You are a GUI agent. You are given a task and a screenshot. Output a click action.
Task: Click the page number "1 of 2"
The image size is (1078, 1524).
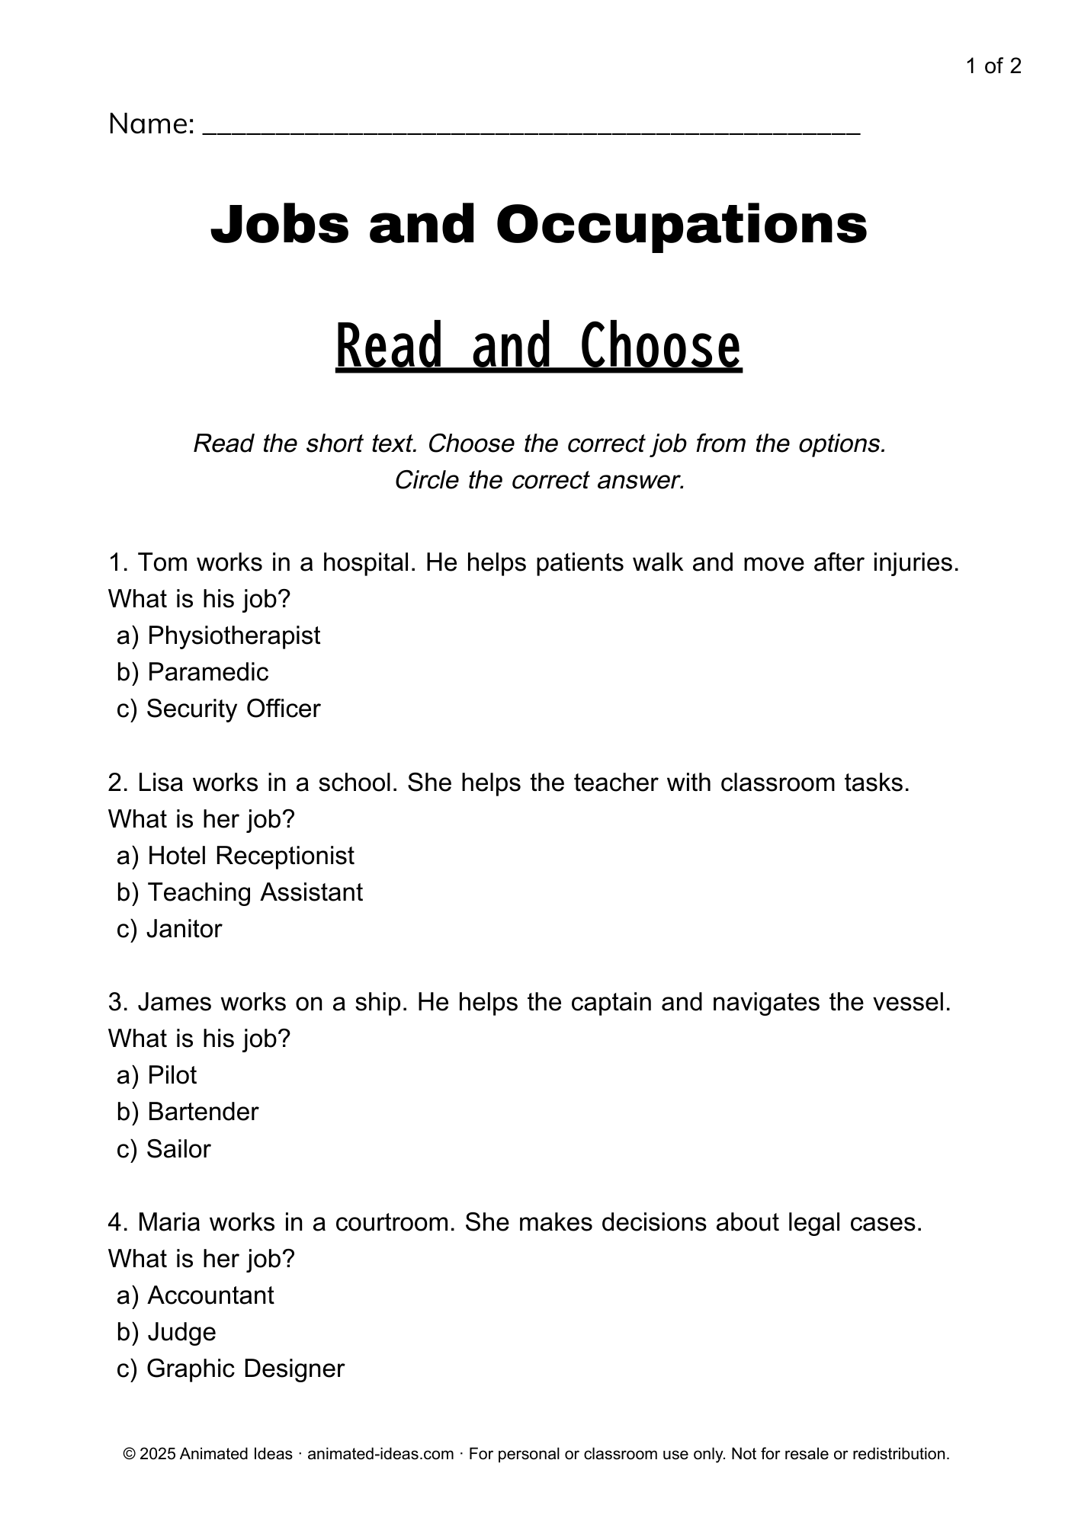tap(993, 66)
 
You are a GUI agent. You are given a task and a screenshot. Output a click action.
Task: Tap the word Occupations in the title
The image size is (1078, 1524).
tap(682, 225)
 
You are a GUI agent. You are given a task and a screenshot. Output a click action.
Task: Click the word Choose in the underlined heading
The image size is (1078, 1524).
tap(661, 347)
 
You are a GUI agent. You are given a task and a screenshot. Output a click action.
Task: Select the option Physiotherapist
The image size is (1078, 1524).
tap(233, 636)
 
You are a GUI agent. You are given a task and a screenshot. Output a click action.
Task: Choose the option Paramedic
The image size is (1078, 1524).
tap(207, 672)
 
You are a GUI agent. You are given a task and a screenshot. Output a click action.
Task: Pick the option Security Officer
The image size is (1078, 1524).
tap(233, 709)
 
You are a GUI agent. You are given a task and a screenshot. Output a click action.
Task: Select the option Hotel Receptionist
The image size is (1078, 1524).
tap(250, 856)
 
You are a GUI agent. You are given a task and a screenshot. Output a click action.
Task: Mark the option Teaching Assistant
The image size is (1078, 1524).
tap(255, 892)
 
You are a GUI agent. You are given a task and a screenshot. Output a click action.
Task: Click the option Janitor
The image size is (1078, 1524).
tap(184, 929)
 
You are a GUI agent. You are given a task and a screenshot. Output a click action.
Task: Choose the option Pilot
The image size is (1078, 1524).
tap(172, 1075)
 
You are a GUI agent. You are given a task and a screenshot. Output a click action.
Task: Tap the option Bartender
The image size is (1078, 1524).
tap(203, 1112)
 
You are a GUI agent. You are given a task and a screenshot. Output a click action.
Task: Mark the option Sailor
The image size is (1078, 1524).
tap(178, 1149)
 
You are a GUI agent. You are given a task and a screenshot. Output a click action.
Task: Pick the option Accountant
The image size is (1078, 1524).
tap(210, 1295)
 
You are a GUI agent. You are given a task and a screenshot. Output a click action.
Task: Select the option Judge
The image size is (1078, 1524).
tap(181, 1332)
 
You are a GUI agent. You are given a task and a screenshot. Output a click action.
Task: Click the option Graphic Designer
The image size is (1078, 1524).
tap(245, 1369)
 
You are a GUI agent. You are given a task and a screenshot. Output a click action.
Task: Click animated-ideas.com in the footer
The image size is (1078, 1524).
tap(380, 1454)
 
